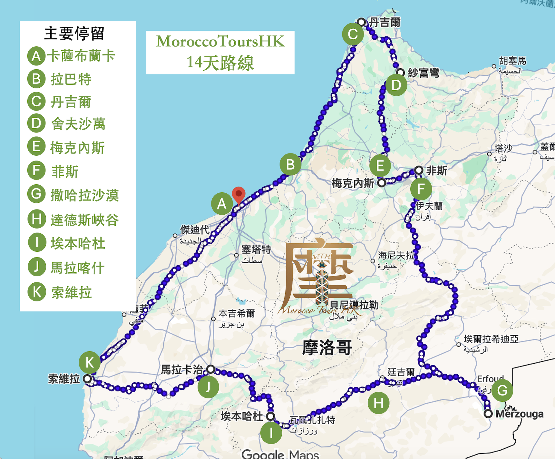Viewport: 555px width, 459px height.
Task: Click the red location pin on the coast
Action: [x=239, y=194]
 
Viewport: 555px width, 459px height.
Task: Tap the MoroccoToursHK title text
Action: [x=220, y=42]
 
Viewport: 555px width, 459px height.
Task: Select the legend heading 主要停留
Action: [x=74, y=34]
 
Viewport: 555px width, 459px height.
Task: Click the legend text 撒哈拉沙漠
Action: [x=85, y=195]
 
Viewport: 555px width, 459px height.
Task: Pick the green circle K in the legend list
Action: [x=36, y=292]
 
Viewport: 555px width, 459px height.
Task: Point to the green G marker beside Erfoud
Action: [x=502, y=390]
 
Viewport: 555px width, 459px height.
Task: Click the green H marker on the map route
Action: [x=378, y=403]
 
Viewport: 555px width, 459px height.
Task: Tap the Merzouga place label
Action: [x=519, y=414]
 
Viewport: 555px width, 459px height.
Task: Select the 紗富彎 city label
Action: [x=423, y=73]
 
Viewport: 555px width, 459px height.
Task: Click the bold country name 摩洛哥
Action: [x=327, y=348]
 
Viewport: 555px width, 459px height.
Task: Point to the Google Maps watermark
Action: [x=280, y=454]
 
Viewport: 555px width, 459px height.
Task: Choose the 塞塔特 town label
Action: [x=256, y=249]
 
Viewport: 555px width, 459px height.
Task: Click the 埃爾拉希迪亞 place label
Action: [x=491, y=339]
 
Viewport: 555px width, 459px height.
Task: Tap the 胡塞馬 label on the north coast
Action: [x=512, y=61]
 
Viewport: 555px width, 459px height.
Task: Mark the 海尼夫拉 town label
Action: [x=396, y=256]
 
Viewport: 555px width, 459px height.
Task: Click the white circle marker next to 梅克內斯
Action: [x=382, y=183]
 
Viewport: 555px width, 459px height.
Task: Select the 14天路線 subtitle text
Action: [x=220, y=63]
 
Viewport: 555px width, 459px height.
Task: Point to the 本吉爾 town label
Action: [x=237, y=313]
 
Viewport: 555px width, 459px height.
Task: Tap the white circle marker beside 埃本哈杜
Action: [x=270, y=416]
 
